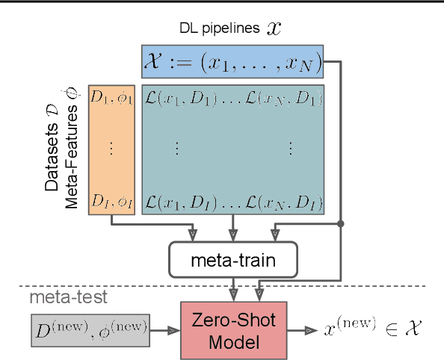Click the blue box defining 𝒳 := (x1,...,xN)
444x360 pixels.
232,61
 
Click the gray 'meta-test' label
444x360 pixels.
68,297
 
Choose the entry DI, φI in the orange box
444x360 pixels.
112,201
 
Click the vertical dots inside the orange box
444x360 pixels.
111,149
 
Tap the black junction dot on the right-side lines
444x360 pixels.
341,223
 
